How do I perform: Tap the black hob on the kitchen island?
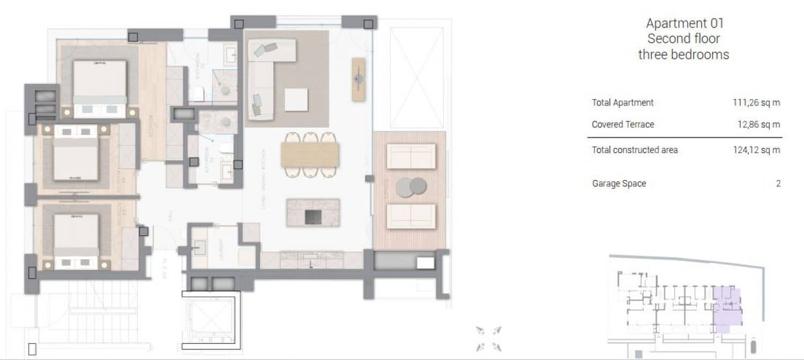(x=313, y=217)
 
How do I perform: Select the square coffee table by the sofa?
(x=296, y=100)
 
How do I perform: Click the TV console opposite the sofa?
(x=358, y=79)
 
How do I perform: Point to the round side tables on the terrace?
(x=411, y=186)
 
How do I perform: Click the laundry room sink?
(x=200, y=247)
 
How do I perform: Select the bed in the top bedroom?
(x=100, y=86)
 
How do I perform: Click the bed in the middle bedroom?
(x=76, y=155)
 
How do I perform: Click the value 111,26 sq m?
(x=756, y=103)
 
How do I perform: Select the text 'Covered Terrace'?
(x=623, y=125)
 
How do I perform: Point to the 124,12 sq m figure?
(x=756, y=150)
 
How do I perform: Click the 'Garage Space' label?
(x=619, y=184)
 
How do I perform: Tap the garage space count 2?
(x=778, y=184)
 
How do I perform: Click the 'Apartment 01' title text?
(x=684, y=24)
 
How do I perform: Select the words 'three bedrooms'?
(x=683, y=55)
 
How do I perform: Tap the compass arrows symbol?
(x=488, y=338)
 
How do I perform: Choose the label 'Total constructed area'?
(x=635, y=150)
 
